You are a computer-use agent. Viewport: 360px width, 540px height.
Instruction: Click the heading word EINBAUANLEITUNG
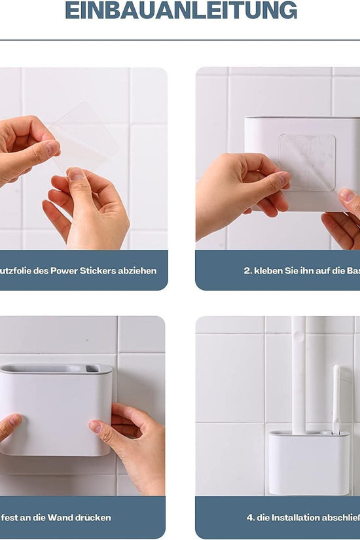(181, 10)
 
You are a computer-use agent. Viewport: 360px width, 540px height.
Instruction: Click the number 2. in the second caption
(247, 270)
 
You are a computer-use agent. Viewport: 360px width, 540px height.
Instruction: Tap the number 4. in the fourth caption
(250, 518)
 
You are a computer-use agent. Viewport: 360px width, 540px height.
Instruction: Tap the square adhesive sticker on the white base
(306, 162)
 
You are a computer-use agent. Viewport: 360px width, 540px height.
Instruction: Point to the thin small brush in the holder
(336, 399)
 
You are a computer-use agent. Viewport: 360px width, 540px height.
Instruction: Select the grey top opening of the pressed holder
(56, 369)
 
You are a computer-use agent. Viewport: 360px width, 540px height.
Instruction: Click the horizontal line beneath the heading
(180, 40)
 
